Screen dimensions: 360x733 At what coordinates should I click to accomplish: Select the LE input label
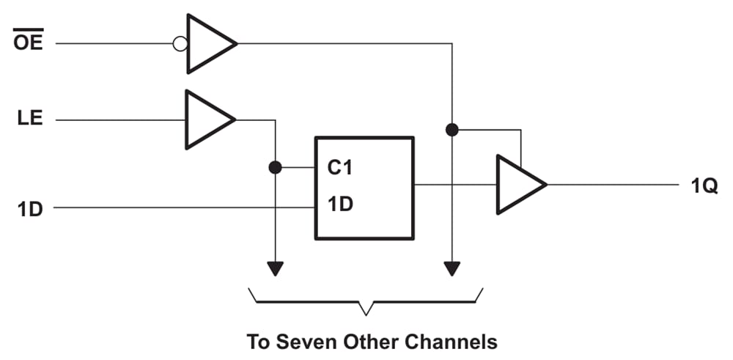tap(29, 119)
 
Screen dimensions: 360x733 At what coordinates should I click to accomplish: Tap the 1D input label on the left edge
tap(30, 208)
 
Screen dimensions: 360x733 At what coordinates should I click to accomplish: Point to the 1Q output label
tap(704, 185)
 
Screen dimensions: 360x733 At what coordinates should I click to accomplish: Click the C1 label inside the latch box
tap(340, 168)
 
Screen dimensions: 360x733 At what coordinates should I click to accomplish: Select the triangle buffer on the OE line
tap(209, 44)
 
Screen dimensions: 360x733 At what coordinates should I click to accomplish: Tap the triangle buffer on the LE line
tap(207, 120)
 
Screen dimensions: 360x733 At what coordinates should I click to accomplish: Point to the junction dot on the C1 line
tap(275, 168)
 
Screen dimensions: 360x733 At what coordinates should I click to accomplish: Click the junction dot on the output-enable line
tap(452, 130)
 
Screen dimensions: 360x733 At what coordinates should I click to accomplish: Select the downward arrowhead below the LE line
tap(275, 268)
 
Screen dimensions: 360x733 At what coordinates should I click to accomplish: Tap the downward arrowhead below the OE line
tap(452, 268)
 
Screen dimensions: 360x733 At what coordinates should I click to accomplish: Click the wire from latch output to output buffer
tap(454, 185)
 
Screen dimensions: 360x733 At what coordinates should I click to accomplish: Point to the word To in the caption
tap(256, 342)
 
